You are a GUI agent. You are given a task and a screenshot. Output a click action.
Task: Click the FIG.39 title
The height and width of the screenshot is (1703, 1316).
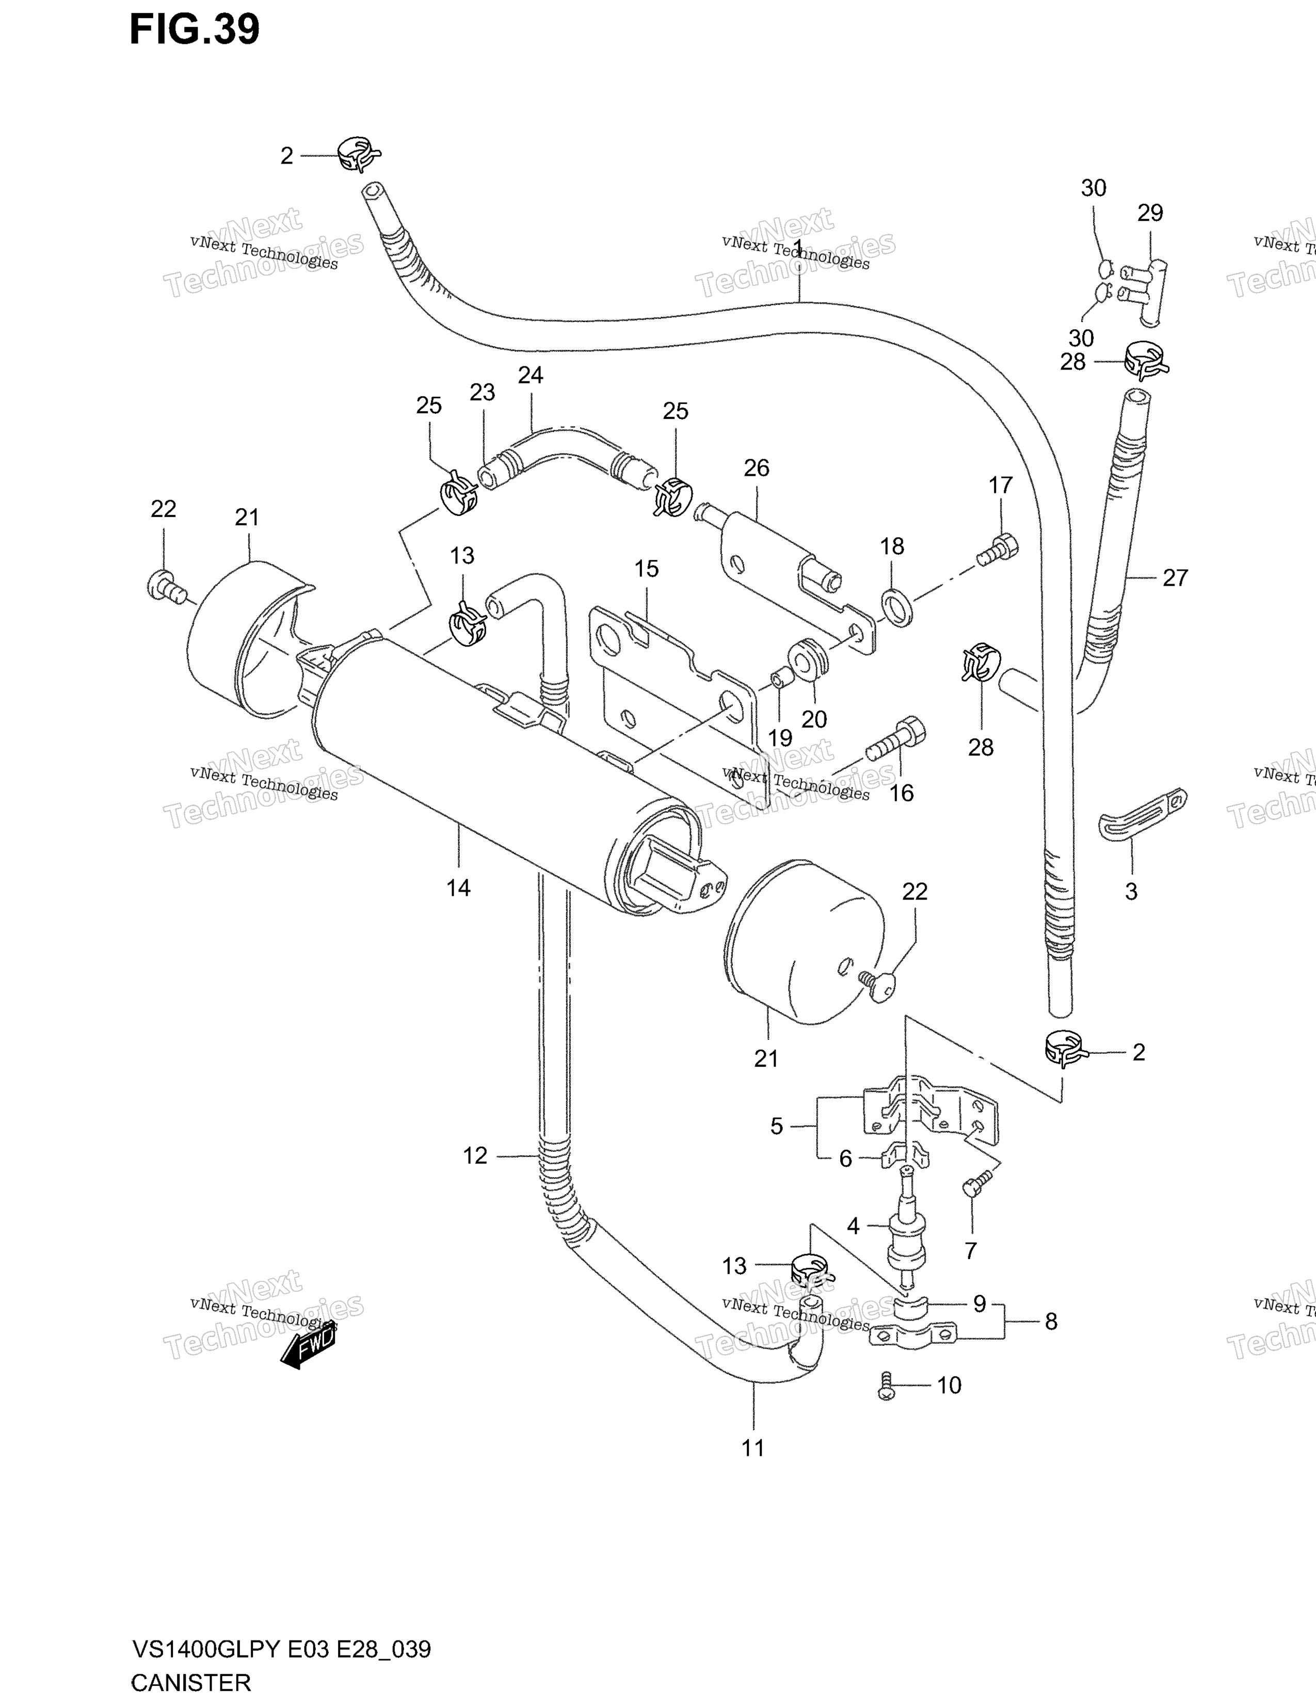pos(194,29)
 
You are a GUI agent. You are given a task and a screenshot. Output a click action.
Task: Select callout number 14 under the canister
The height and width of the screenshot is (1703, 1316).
pos(458,888)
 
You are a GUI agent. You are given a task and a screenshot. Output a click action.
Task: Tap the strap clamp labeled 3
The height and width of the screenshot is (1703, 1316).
pos(1142,815)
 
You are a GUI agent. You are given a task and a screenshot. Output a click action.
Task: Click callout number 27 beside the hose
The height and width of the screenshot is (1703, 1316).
pos(1175,578)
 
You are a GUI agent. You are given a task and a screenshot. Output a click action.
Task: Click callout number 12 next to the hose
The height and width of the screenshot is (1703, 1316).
pos(475,1155)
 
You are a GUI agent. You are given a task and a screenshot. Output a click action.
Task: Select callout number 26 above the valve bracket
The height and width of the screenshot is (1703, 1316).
pos(756,468)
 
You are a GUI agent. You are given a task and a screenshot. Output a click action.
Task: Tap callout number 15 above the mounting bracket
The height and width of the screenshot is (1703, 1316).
pos(646,569)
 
